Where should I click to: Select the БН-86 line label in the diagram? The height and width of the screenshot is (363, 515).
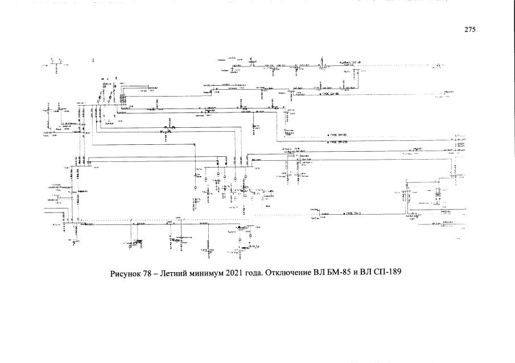(x=332, y=94)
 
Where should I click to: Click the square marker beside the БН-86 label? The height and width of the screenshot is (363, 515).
(x=320, y=94)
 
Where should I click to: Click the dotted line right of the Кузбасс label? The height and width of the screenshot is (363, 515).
(x=398, y=66)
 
